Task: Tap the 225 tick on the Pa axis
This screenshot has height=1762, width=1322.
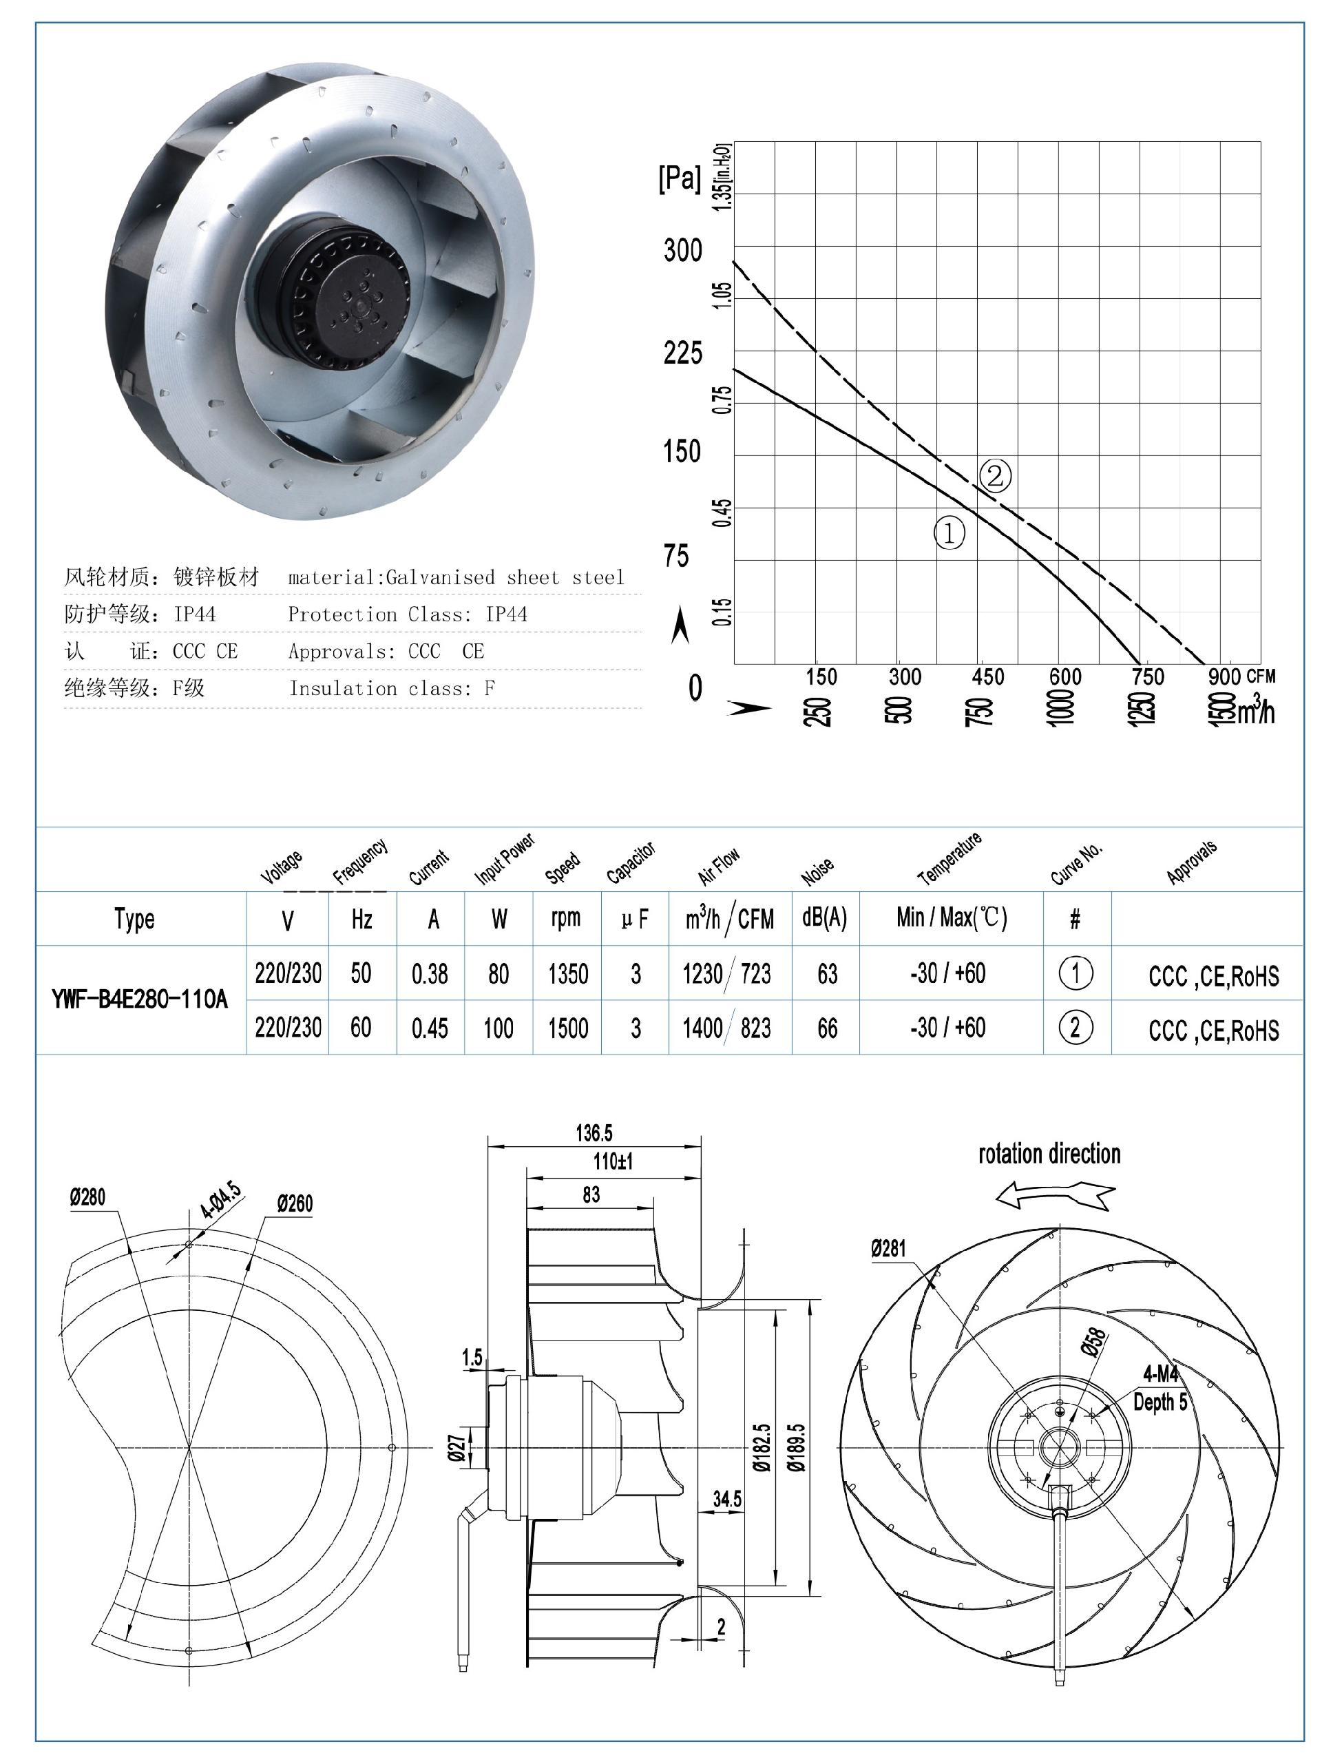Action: pos(682,352)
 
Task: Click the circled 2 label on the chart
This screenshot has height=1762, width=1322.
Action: pos(995,477)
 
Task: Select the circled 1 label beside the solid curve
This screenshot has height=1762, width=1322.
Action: pos(949,533)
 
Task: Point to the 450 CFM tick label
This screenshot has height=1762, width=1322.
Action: pos(987,677)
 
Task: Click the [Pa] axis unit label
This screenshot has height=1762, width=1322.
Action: pos(680,178)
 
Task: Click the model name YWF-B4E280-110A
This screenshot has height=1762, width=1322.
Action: pos(139,999)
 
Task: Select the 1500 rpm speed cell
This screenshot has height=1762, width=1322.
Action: pos(567,1028)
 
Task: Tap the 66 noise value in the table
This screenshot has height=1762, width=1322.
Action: pos(827,1028)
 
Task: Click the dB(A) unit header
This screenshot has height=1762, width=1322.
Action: pos(824,918)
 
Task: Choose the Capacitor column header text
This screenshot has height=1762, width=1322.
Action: pos(631,862)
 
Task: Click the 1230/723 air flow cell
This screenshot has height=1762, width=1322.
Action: pos(726,973)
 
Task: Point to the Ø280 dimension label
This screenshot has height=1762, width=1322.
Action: pos(87,1197)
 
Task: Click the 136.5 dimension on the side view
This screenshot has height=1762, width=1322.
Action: pos(594,1132)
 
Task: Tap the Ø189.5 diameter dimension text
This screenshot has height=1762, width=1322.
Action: pos(797,1447)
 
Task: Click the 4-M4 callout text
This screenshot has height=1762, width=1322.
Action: pos(1160,1374)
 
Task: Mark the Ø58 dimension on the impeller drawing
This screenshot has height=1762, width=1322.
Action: pos(1094,1343)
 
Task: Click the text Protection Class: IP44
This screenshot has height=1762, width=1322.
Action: pos(407,614)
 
